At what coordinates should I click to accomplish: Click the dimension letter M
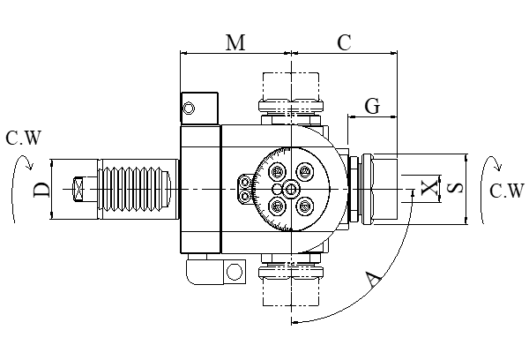pyautogui.click(x=235, y=43)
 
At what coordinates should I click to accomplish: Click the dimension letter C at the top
pyautogui.click(x=345, y=43)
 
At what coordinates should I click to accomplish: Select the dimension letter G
pyautogui.click(x=372, y=106)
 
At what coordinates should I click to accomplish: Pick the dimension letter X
pyautogui.click(x=428, y=188)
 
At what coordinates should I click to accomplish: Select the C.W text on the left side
pyautogui.click(x=24, y=138)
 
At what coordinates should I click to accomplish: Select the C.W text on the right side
pyautogui.click(x=507, y=191)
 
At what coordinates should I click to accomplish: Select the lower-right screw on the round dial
pyautogui.click(x=305, y=206)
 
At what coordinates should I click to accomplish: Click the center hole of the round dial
pyautogui.click(x=291, y=189)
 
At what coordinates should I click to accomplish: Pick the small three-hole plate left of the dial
pyautogui.click(x=245, y=189)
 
